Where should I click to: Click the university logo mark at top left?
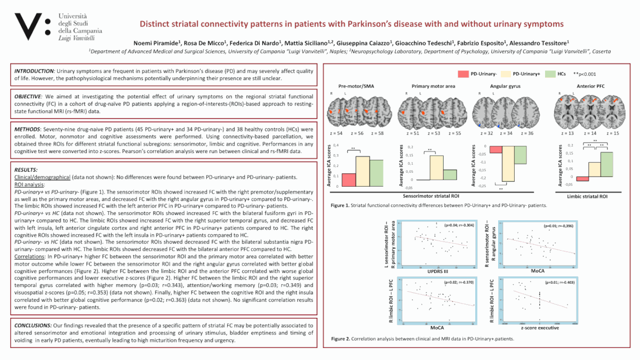(32, 26)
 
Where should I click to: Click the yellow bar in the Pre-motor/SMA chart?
(363, 171)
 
